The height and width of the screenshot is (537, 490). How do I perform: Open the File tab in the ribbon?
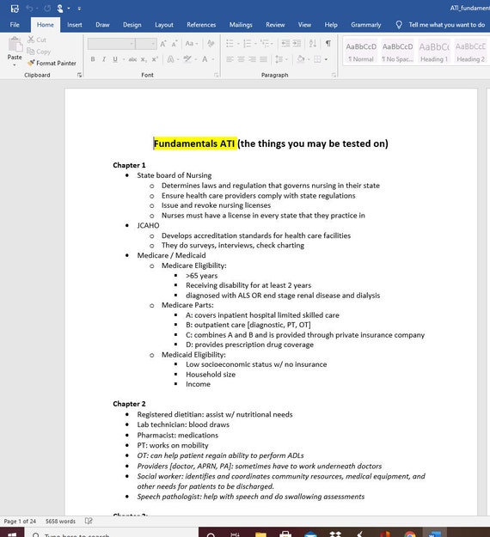point(15,25)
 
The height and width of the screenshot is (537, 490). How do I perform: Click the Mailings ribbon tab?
point(241,25)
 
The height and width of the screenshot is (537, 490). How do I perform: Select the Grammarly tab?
point(365,25)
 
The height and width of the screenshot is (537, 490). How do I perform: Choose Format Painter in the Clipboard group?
point(52,63)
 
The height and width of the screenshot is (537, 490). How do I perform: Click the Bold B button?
point(92,59)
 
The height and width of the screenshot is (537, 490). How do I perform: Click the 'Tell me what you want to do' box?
point(445,25)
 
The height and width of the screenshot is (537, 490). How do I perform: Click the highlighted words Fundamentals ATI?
point(194,143)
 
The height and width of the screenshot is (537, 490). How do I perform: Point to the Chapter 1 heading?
point(129,165)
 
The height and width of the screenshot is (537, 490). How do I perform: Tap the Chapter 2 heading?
point(129,404)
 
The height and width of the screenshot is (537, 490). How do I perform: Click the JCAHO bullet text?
point(148,225)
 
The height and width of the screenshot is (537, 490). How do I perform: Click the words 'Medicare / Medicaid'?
point(171,255)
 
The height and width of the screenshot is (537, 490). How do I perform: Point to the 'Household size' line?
point(210,375)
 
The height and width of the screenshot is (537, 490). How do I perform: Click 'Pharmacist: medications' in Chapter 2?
point(178,435)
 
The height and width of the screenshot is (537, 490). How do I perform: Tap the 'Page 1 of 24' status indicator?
point(21,522)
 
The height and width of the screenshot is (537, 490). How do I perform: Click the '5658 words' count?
point(61,522)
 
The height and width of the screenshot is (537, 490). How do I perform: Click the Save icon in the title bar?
point(15,8)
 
